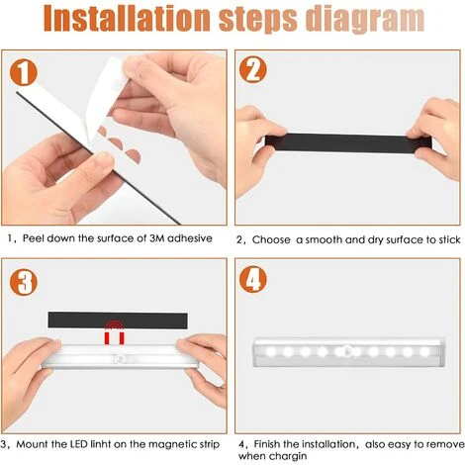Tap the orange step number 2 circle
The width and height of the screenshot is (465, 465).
tap(254, 71)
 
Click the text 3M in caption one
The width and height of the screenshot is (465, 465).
tap(151, 238)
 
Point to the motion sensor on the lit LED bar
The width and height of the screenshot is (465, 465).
tap(349, 351)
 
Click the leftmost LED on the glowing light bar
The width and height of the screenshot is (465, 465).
tap(273, 351)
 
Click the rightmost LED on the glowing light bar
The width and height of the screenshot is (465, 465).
tap(425, 351)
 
